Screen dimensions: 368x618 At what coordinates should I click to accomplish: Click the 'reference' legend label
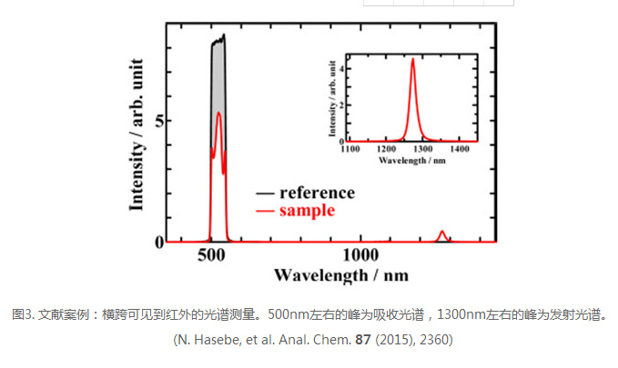pos(318,193)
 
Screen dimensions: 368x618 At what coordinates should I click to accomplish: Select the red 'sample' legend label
pos(307,211)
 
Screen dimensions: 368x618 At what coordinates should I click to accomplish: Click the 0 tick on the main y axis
pos(158,242)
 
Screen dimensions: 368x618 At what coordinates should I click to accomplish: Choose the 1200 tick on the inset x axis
pos(387,150)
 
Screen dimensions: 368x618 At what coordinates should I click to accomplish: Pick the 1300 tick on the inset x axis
pos(423,150)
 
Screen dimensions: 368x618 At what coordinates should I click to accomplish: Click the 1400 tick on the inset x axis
pos(461,150)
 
